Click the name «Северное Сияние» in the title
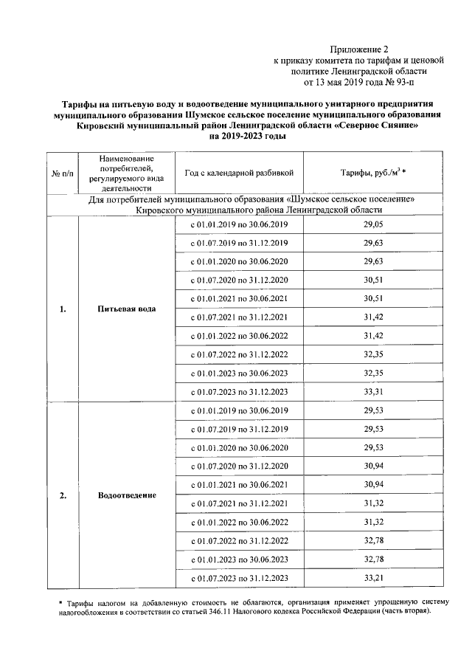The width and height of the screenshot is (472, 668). click(380, 125)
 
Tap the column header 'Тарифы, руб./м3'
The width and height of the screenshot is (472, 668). click(373, 173)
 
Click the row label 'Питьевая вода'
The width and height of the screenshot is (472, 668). click(126, 309)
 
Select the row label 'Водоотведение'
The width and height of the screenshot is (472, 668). click(127, 495)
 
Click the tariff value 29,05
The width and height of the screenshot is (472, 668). click(373, 224)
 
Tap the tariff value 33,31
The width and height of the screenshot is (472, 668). click(373, 391)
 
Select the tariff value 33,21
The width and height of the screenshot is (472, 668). click(373, 577)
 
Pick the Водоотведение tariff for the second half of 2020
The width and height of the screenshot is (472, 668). click(373, 466)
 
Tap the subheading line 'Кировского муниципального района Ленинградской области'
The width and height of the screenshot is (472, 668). click(260, 210)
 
